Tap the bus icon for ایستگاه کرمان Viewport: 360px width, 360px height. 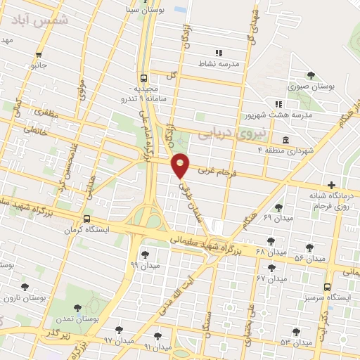pos(86,219)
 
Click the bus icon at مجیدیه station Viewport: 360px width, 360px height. pos(143,79)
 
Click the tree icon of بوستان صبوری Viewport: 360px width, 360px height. pos(311,75)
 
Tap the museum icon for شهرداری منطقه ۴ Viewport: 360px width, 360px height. pos(285,139)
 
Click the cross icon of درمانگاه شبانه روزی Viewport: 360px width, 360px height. pos(331,184)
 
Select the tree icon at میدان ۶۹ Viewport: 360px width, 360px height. pos(278,207)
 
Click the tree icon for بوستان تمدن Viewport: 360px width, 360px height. pos(78,308)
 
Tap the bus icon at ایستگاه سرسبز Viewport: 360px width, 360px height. pos(327,287)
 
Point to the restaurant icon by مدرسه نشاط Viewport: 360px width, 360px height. pos(219,53)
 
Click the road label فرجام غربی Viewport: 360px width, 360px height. pos(214,170)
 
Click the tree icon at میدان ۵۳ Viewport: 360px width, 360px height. pos(295,331)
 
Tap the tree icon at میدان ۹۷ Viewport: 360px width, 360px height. pos(117,330)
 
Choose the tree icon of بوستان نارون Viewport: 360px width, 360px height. pos(25,287)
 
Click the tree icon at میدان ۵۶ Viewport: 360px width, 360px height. pos(309,247)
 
